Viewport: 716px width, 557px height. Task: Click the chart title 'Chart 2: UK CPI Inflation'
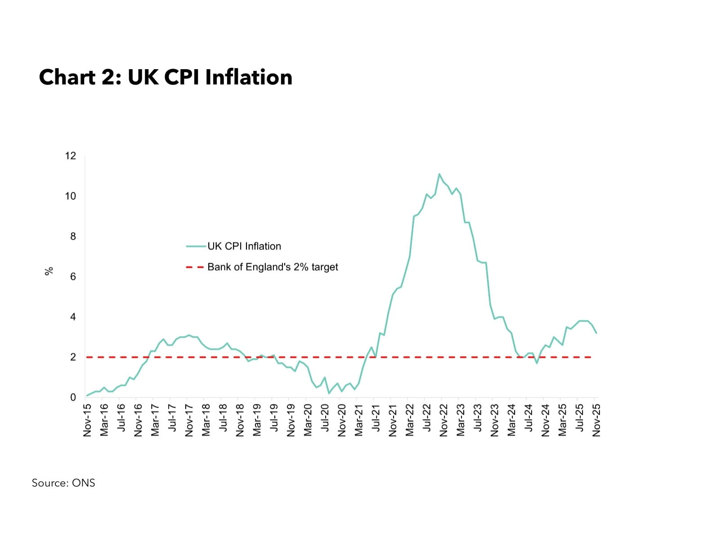coord(166,77)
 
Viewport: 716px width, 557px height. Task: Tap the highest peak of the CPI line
coord(439,174)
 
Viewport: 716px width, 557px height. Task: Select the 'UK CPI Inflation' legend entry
coord(244,246)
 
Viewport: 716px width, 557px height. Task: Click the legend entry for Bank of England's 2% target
coord(272,267)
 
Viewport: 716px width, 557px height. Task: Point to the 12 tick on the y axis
coord(71,156)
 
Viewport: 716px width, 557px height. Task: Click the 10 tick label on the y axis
coord(71,196)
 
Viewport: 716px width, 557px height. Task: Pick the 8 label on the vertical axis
coord(73,236)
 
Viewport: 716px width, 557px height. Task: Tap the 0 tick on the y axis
coord(73,397)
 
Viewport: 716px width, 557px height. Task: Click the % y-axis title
coord(49,271)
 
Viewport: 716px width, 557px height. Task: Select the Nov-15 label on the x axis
coord(87,420)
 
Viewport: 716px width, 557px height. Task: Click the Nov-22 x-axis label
coord(443,420)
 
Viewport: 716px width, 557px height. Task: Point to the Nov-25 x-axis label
coord(596,420)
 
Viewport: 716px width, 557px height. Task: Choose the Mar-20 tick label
coord(308,420)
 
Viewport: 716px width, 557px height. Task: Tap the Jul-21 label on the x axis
coord(376,418)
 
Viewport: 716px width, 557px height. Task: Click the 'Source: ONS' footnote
coord(63,483)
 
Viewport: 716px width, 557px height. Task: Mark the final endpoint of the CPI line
coord(596,333)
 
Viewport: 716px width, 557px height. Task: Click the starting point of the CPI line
coord(87,396)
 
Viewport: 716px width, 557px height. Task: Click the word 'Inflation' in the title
coord(249,77)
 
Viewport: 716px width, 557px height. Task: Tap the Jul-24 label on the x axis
coord(528,418)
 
